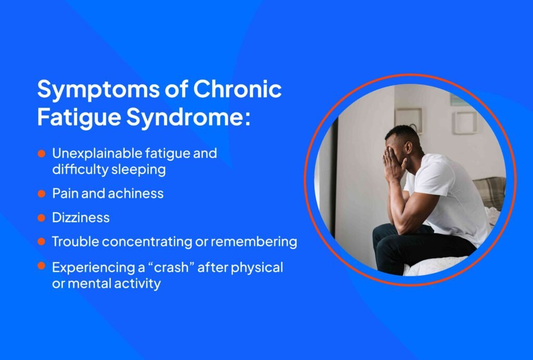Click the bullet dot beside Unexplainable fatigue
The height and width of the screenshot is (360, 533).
[x=41, y=154]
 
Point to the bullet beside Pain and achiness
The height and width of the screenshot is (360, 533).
[x=41, y=194]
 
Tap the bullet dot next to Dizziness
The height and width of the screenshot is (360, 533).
[x=41, y=218]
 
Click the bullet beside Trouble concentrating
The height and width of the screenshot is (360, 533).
[x=41, y=242]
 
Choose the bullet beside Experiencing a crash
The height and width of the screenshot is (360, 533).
[x=41, y=267]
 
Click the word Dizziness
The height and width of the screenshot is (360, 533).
[x=81, y=218]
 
